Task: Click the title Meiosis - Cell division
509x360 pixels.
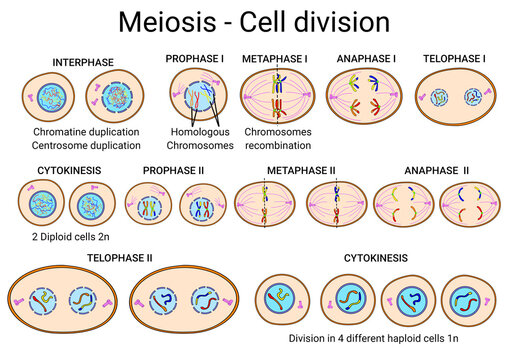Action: click(x=254, y=21)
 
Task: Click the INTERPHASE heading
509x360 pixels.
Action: click(x=84, y=62)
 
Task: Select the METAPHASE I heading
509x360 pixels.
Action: click(x=274, y=59)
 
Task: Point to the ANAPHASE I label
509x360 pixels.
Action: click(x=366, y=59)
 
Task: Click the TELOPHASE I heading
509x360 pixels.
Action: click(x=454, y=59)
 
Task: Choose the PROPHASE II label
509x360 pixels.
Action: click(x=174, y=171)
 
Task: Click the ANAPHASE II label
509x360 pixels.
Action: click(x=436, y=171)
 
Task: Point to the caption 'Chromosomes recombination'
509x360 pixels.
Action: click(x=277, y=138)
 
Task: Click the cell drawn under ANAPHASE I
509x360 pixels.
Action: click(x=365, y=98)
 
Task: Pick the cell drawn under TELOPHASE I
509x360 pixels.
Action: click(x=456, y=98)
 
